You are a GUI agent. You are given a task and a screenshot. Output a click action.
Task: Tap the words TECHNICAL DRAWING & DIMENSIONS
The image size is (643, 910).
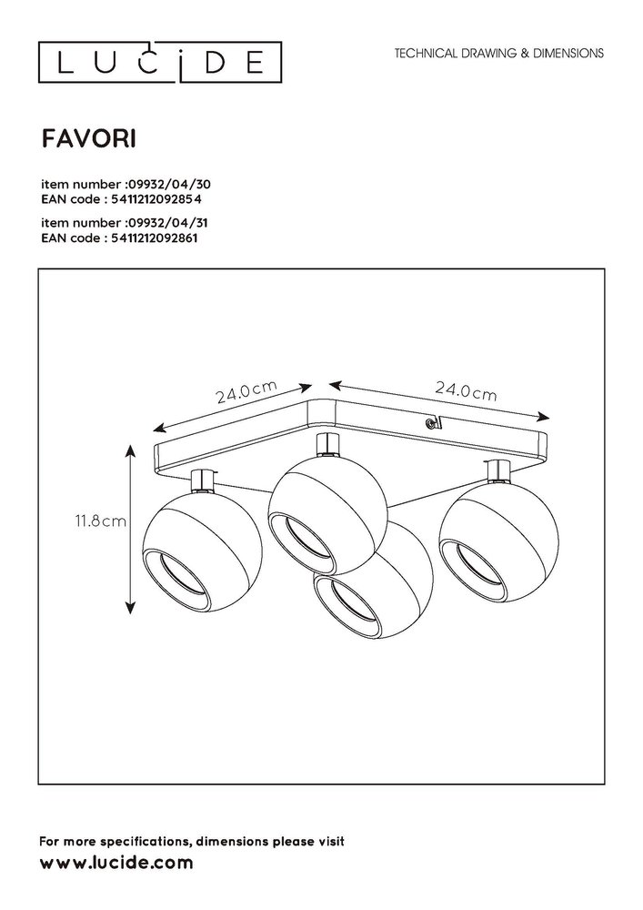point(498,54)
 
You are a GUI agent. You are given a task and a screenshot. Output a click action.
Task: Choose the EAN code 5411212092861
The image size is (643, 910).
point(158,238)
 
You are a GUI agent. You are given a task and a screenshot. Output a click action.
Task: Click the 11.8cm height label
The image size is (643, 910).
point(101,521)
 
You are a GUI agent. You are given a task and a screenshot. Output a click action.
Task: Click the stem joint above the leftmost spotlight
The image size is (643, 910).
point(205,478)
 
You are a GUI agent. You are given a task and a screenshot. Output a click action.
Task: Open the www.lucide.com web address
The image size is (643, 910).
point(116,861)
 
